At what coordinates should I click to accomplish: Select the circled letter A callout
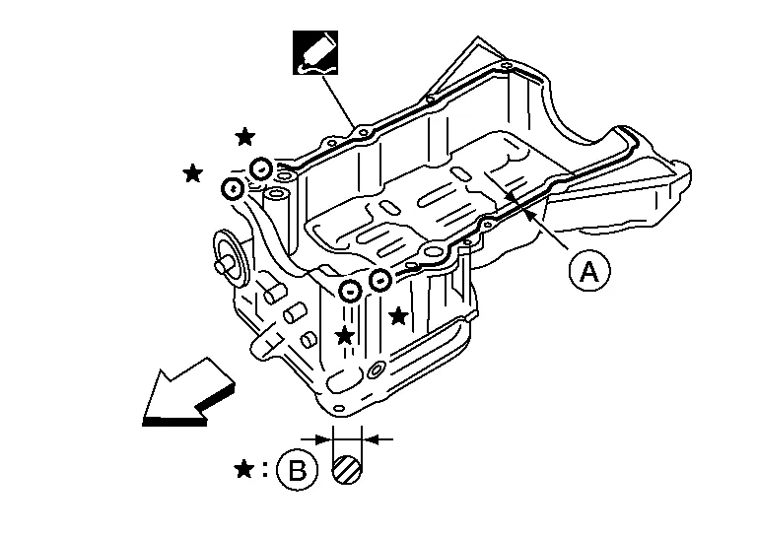588,272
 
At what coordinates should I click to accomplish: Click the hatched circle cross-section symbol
348,469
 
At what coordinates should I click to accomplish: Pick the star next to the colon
244,469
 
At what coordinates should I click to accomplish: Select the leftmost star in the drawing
193,173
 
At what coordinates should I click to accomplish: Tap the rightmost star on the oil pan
398,316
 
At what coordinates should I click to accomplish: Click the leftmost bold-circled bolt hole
233,187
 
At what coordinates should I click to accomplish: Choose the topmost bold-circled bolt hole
261,167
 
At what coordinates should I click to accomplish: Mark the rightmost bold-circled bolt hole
379,283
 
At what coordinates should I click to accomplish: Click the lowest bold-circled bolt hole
349,292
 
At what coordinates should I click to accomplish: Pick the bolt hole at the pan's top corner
505,68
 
